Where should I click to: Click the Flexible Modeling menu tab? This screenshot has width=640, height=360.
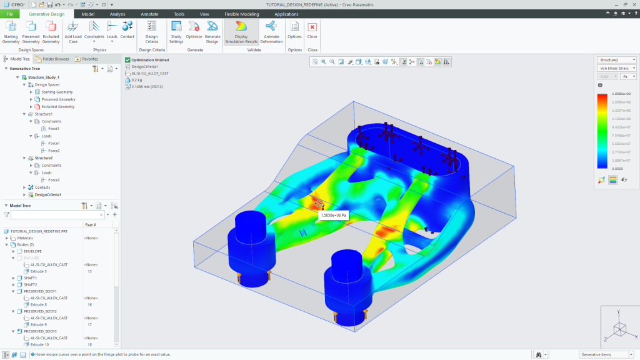[241, 13]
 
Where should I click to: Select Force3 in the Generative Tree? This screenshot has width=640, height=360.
[54, 180]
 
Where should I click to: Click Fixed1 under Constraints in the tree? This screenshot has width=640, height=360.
[54, 128]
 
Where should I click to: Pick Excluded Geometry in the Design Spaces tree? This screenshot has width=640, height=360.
[57, 107]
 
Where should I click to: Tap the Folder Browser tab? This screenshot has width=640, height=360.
[52, 59]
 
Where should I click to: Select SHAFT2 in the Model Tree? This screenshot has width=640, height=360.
[31, 284]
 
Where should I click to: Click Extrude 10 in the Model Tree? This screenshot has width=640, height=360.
[39, 344]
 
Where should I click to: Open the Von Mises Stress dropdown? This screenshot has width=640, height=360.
[616, 68]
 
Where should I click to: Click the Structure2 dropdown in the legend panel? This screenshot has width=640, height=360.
[616, 59]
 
